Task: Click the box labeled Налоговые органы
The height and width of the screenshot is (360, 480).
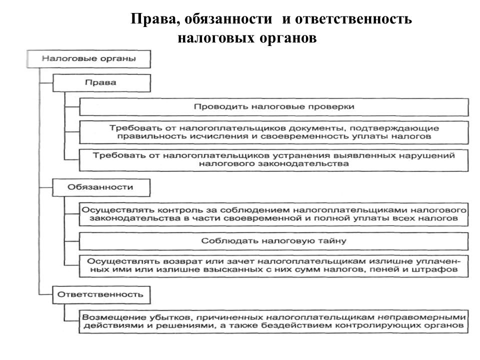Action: pyautogui.click(x=88, y=58)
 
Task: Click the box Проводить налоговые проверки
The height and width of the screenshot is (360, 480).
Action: pyautogui.click(x=273, y=106)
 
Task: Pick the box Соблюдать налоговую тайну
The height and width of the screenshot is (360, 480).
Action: pyautogui.click(x=273, y=240)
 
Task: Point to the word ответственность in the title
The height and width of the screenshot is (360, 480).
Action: pyautogui.click(x=353, y=20)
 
